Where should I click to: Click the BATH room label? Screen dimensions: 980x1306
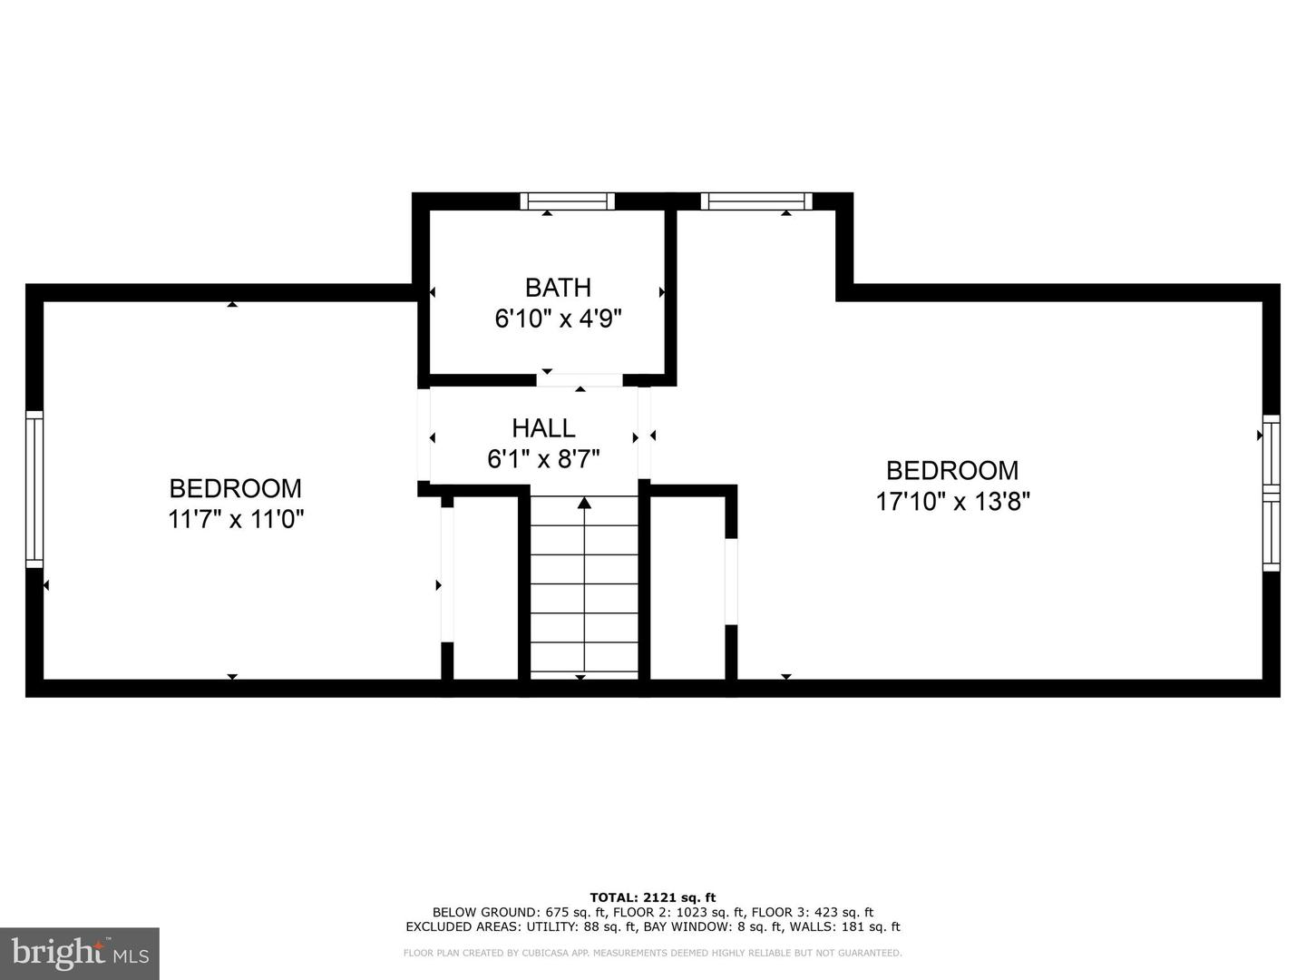pos(558,288)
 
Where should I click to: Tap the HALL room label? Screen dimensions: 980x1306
pos(543,427)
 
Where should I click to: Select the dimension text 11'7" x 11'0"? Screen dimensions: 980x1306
pos(236,519)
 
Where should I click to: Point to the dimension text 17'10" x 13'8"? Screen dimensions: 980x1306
pos(952,501)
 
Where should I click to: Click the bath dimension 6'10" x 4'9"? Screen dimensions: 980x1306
pos(558,319)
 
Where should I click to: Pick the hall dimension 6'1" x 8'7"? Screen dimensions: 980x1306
pos(543,459)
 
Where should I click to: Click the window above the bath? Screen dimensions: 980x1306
pos(567,201)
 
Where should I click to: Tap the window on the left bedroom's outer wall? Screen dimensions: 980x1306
pos(34,488)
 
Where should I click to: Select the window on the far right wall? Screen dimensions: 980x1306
pos(1272,493)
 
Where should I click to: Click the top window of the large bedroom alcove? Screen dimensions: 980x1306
pos(755,201)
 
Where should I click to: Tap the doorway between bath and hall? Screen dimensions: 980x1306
pos(580,380)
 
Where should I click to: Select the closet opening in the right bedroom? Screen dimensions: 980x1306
pos(731,582)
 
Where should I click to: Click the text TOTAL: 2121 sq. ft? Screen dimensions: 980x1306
pos(653,897)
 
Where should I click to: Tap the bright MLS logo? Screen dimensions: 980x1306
pos(80,953)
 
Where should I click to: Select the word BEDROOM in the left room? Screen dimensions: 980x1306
pos(236,488)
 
